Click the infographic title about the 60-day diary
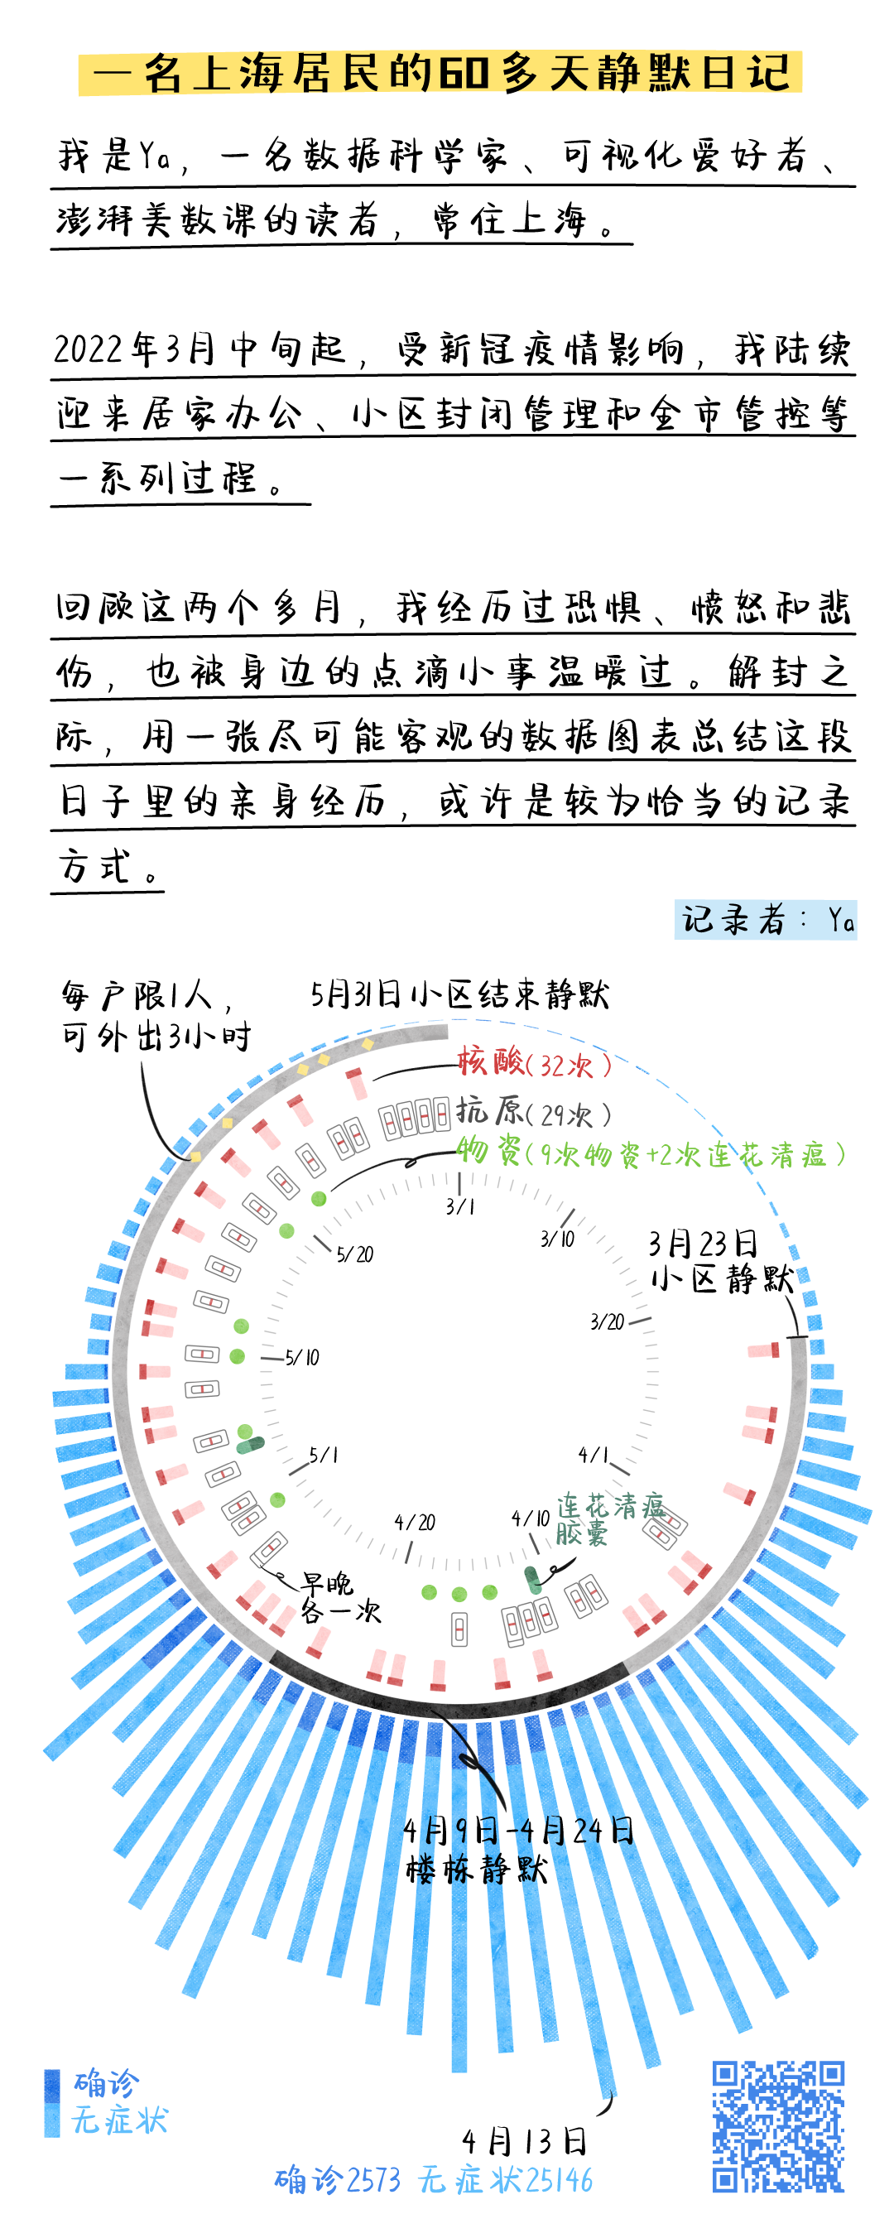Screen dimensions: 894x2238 coord(441,73)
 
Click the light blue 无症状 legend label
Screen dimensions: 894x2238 coord(120,2120)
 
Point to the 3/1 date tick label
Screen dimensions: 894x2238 coord(459,1206)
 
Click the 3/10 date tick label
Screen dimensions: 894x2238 coord(557,1239)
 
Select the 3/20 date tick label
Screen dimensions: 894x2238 coord(607,1322)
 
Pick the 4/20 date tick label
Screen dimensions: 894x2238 coord(415,1522)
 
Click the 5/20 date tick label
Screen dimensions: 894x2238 coord(354,1254)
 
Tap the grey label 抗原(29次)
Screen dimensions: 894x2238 coord(534,1112)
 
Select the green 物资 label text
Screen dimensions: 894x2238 coord(651,1153)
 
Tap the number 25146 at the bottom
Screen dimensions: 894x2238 coord(560,2180)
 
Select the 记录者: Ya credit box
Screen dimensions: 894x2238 coord(765,919)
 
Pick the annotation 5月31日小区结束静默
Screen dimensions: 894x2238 coord(459,994)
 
